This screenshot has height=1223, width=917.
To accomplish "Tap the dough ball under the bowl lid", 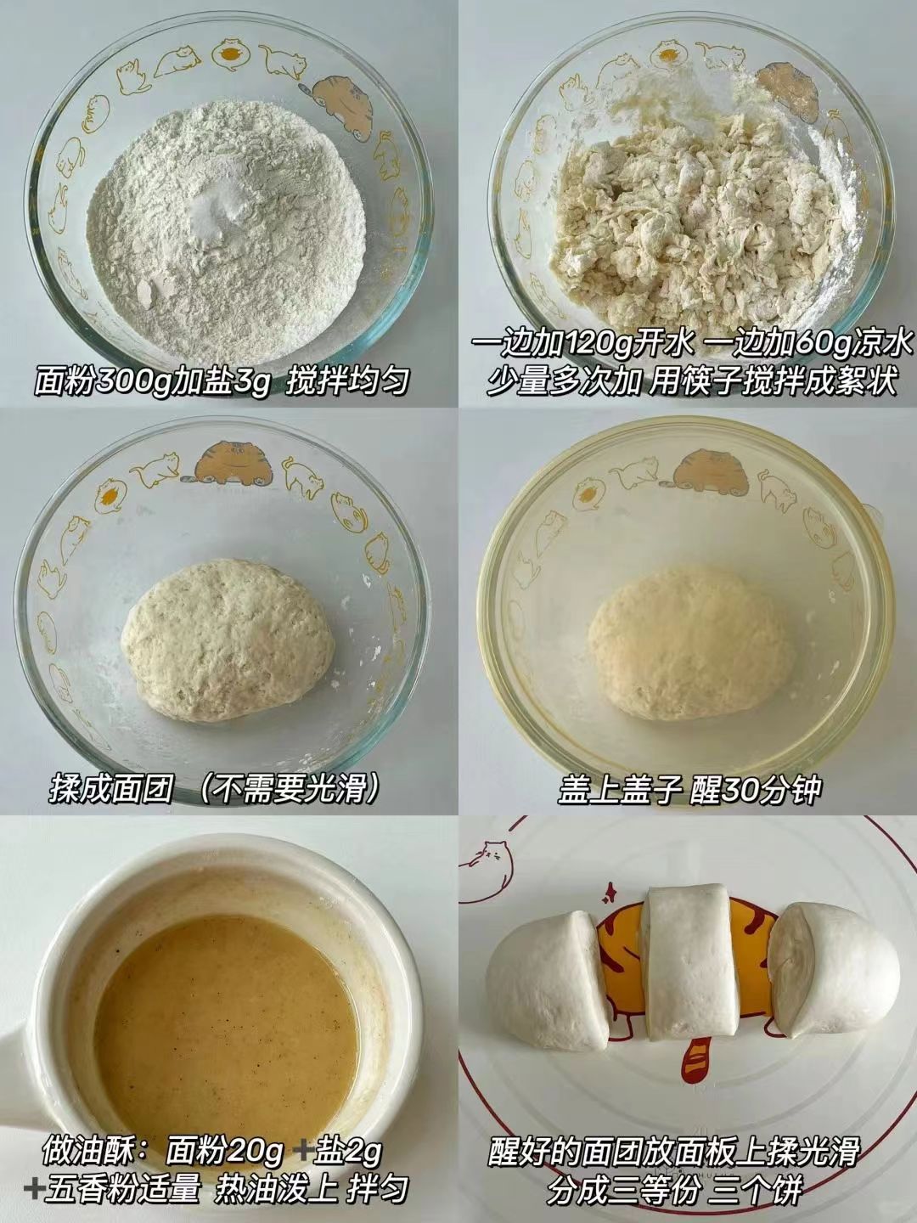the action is point(691,644).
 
